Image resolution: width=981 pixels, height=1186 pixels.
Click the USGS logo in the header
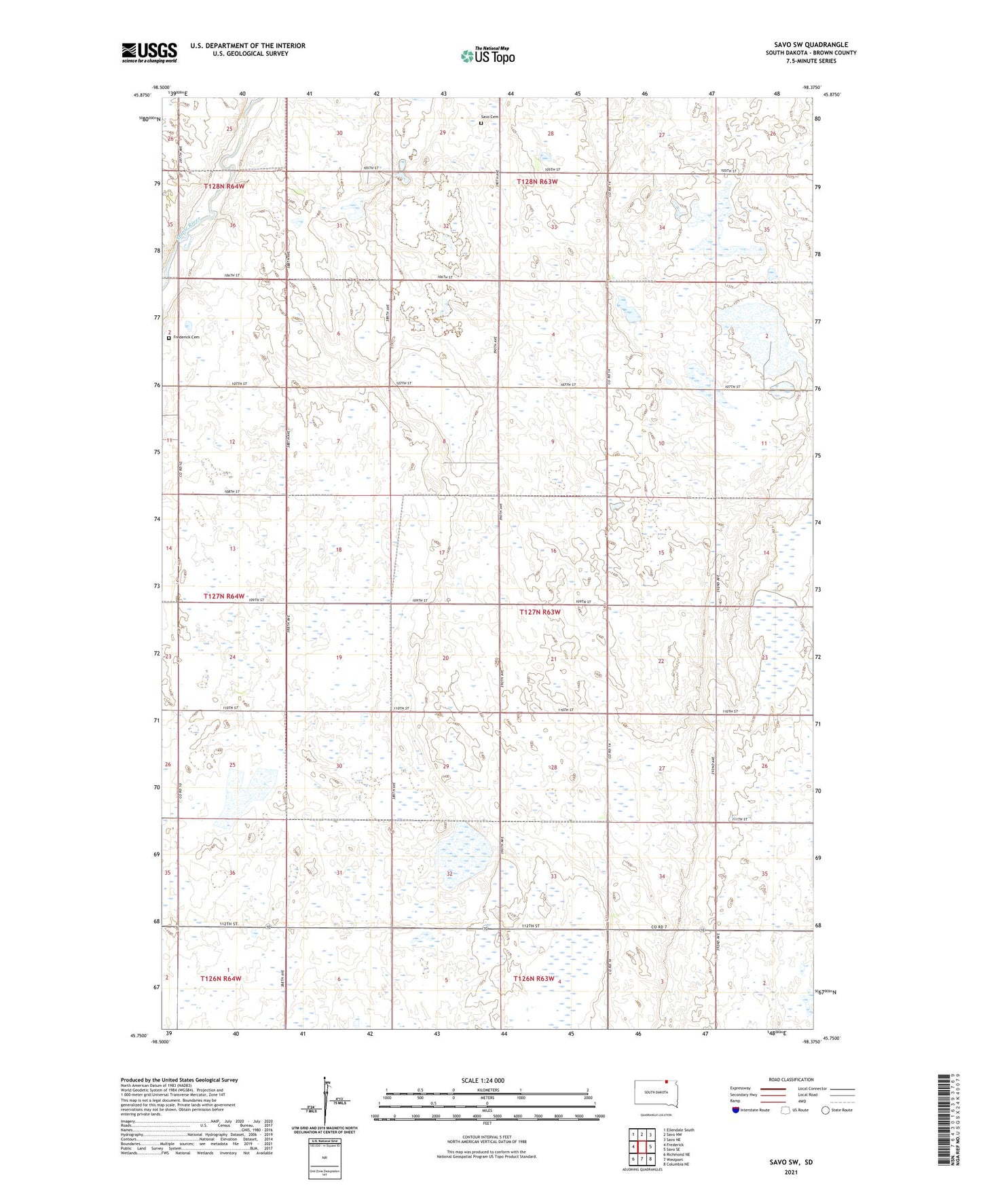click(x=149, y=52)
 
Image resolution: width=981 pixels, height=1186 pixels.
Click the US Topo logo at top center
click(x=487, y=56)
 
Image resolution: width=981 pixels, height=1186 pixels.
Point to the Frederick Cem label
click(x=186, y=337)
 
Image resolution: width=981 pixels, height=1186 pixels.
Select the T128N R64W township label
click(x=224, y=185)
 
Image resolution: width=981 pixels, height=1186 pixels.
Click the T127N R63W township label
click(x=540, y=612)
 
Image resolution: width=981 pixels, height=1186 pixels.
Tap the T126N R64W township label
click(x=221, y=978)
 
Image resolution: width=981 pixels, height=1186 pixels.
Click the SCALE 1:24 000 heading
click(x=483, y=1080)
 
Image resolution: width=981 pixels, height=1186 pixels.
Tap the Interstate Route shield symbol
click(x=736, y=1110)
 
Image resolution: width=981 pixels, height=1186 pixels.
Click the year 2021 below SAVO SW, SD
click(x=791, y=1172)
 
